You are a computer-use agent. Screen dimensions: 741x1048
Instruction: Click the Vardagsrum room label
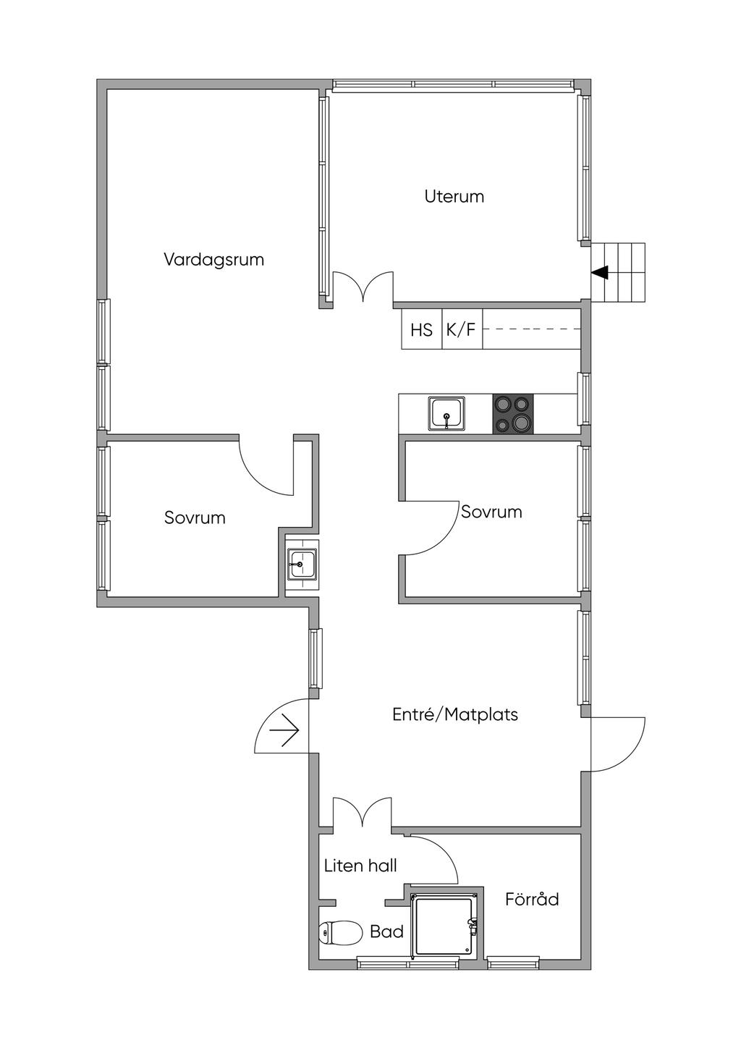pos(213,260)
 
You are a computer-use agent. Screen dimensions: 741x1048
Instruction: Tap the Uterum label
pos(454,197)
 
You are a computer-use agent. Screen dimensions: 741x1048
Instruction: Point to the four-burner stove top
pos(512,413)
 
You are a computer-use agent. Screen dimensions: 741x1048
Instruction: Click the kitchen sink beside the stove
pos(446,413)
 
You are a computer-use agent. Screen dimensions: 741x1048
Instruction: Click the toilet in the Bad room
pos(341,932)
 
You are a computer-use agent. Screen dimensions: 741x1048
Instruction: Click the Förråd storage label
pos(532,899)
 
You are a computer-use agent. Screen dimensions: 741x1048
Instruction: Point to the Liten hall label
pos(360,866)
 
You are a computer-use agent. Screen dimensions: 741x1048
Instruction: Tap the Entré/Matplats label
pos(455,714)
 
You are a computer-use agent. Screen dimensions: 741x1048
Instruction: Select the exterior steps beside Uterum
pos(618,272)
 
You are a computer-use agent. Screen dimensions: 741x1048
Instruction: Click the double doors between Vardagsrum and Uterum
pos(363,287)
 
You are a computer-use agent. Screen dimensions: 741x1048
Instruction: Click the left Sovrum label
pos(195,518)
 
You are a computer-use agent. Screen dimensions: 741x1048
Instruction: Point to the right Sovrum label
pos(491,512)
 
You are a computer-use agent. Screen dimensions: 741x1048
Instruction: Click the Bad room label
pos(386,931)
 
